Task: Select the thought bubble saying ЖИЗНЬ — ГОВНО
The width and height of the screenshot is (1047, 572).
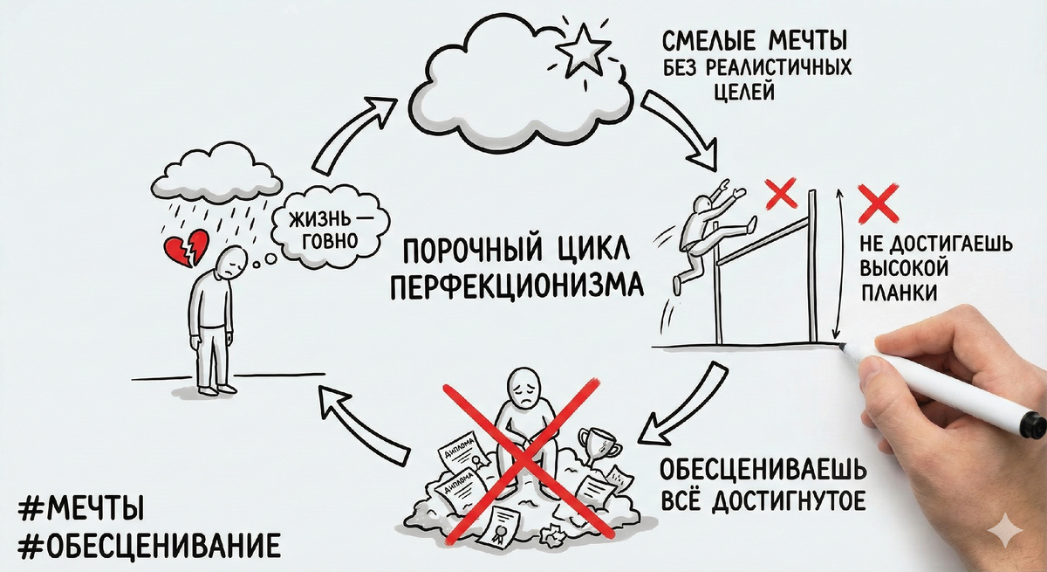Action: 320,226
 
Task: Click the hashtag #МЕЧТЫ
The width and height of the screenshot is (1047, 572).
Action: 81,507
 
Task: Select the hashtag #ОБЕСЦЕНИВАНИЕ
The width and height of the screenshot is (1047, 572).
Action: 149,546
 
